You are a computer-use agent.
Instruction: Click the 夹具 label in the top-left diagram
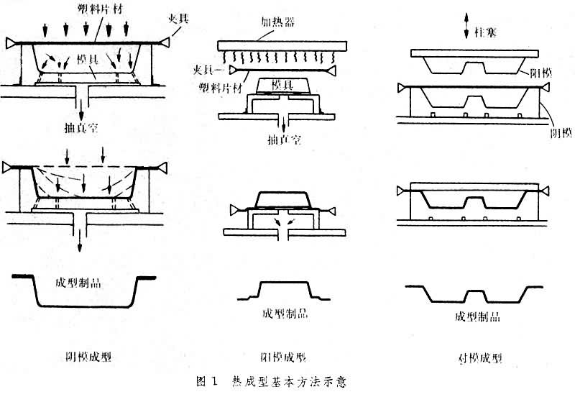pyautogui.click(x=179, y=17)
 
